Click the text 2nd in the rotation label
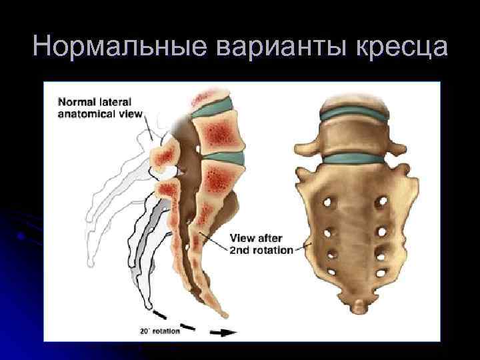[x=241, y=251]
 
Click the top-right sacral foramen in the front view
[x=382, y=201]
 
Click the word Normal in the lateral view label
[x=75, y=103]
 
